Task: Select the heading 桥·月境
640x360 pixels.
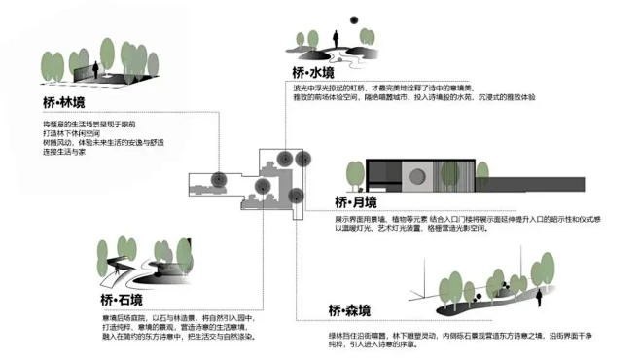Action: [355, 201]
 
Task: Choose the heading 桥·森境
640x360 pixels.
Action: [349, 311]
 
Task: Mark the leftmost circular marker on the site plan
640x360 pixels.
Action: [221, 179]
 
